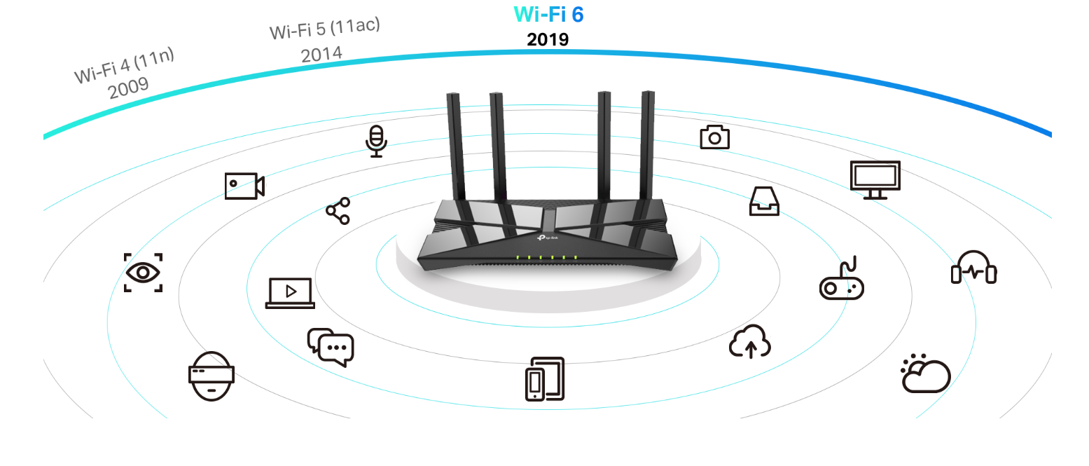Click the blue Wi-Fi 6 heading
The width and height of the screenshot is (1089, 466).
(548, 15)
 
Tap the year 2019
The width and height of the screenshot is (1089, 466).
(548, 40)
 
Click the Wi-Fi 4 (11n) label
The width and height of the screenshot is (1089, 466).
(124, 65)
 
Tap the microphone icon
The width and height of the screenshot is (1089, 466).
(376, 141)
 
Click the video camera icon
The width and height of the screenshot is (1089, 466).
(244, 186)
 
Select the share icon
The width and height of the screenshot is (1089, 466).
(338, 211)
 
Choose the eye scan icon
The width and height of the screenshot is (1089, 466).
(143, 273)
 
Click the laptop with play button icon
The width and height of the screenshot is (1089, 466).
(290, 293)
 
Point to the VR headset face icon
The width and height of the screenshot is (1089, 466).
(211, 376)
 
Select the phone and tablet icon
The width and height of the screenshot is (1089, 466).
(545, 379)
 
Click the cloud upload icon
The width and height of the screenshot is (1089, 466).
(750, 342)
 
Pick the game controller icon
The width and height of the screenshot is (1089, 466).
(841, 281)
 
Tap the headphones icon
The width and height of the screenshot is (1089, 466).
(973, 268)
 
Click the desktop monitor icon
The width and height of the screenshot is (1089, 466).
(875, 179)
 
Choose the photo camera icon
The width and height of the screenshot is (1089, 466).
(714, 137)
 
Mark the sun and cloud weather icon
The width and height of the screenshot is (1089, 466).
(926, 374)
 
